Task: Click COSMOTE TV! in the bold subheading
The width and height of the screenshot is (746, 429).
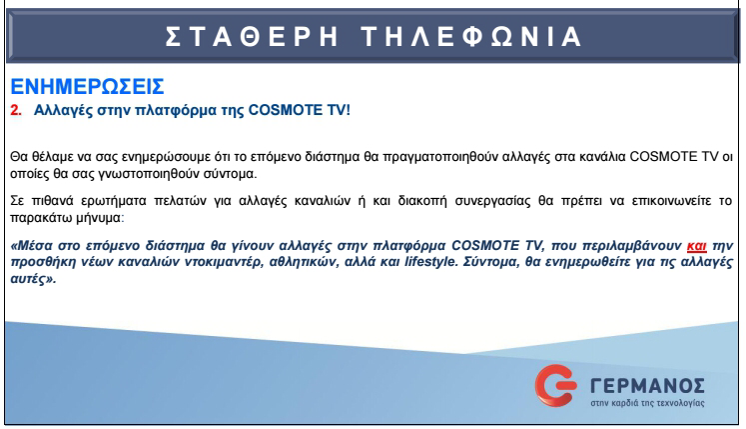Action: coord(305,108)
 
